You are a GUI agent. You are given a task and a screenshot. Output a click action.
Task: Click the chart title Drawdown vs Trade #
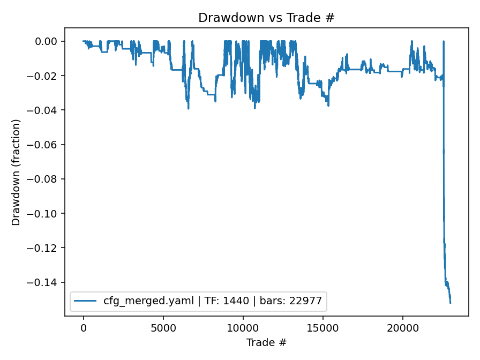(266, 18)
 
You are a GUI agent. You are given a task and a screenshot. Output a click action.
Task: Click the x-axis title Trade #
(266, 342)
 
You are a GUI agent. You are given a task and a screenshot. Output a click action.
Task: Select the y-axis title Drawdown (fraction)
(16, 172)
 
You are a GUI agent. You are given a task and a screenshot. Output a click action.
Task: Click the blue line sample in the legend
(87, 301)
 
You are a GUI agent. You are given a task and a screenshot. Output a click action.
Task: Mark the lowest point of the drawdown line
(450, 303)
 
